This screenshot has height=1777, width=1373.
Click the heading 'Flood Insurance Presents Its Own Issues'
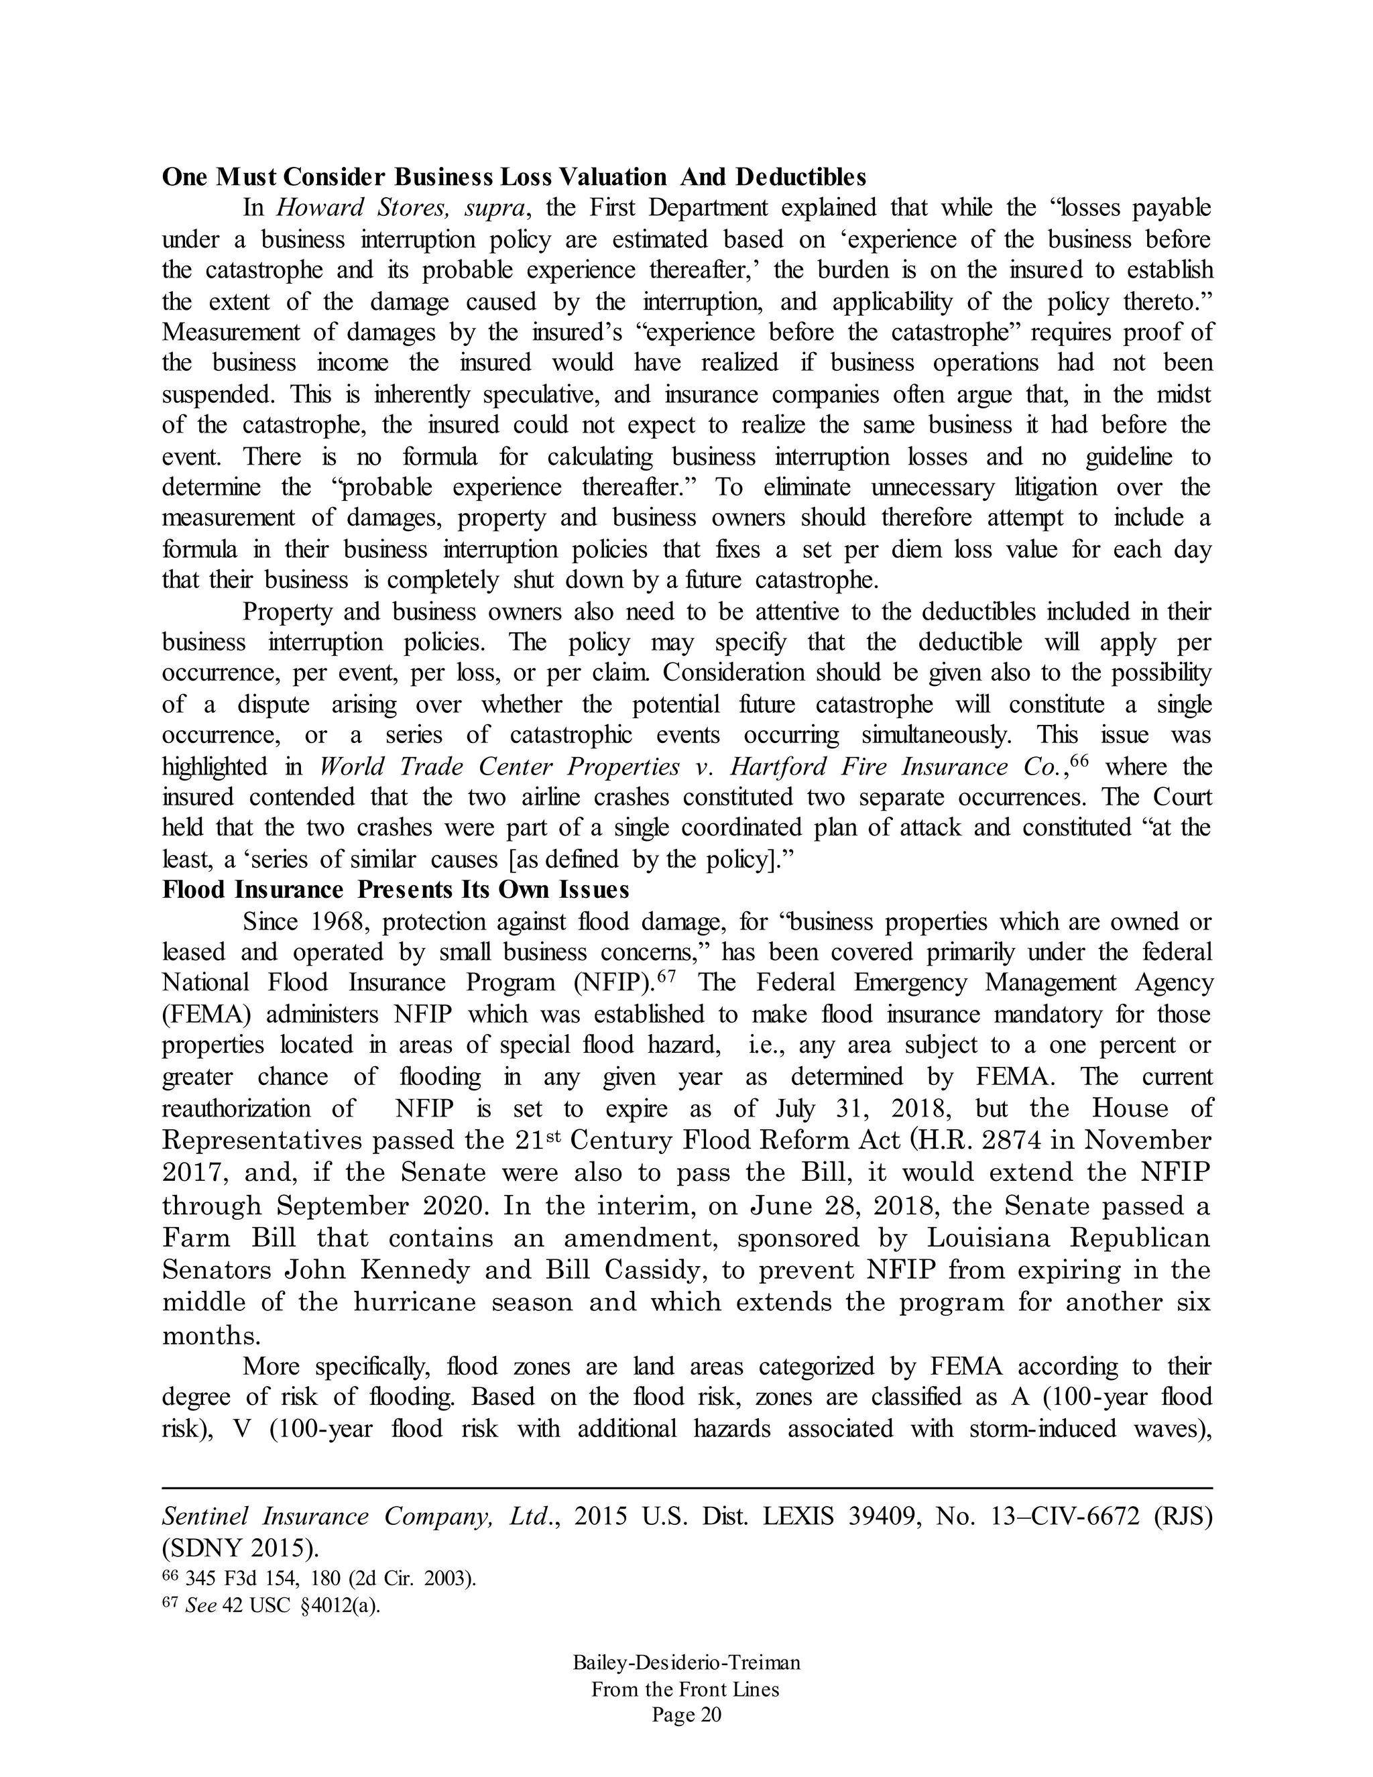396,889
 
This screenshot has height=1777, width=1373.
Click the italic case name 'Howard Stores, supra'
404,209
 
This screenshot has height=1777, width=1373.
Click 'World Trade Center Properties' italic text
499,766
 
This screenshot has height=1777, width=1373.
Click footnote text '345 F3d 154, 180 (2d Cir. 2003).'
331,1579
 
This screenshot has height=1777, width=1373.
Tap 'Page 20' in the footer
686,1715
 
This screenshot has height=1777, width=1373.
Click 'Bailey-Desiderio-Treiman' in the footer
686,1662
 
